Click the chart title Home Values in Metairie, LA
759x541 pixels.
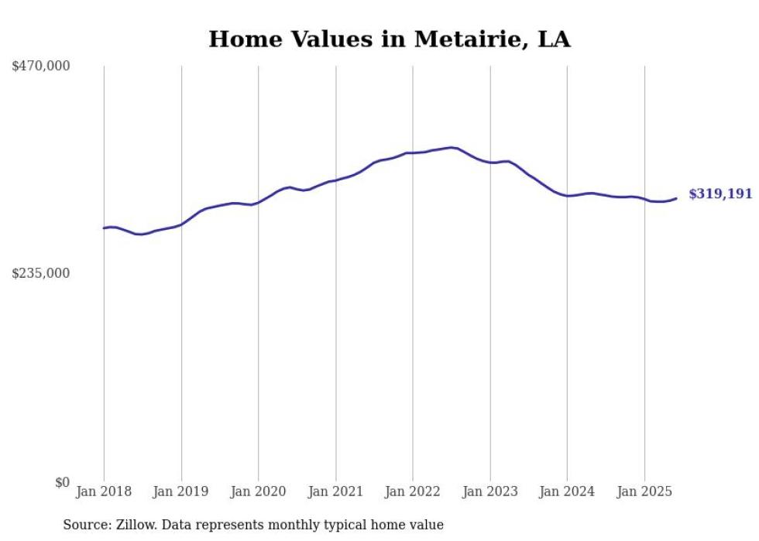coord(390,39)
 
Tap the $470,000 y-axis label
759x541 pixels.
coord(41,67)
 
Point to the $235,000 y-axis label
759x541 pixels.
coord(41,273)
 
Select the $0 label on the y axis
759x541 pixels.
coord(62,482)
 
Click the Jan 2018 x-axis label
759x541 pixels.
coord(104,491)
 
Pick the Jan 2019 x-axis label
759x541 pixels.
coord(181,491)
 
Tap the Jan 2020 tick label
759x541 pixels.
coord(259,491)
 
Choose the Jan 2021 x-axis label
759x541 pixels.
coord(335,491)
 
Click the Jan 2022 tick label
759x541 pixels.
coord(413,491)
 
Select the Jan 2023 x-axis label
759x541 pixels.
coord(490,491)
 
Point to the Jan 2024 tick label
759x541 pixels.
coord(567,491)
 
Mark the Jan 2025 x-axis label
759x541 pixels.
coord(644,491)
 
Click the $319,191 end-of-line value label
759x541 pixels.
coord(720,194)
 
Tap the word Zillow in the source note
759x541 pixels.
coord(136,525)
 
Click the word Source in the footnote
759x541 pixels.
coord(85,525)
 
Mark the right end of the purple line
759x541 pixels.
coord(676,198)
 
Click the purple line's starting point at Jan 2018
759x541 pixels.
coord(104,228)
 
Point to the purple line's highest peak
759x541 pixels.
coord(452,147)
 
